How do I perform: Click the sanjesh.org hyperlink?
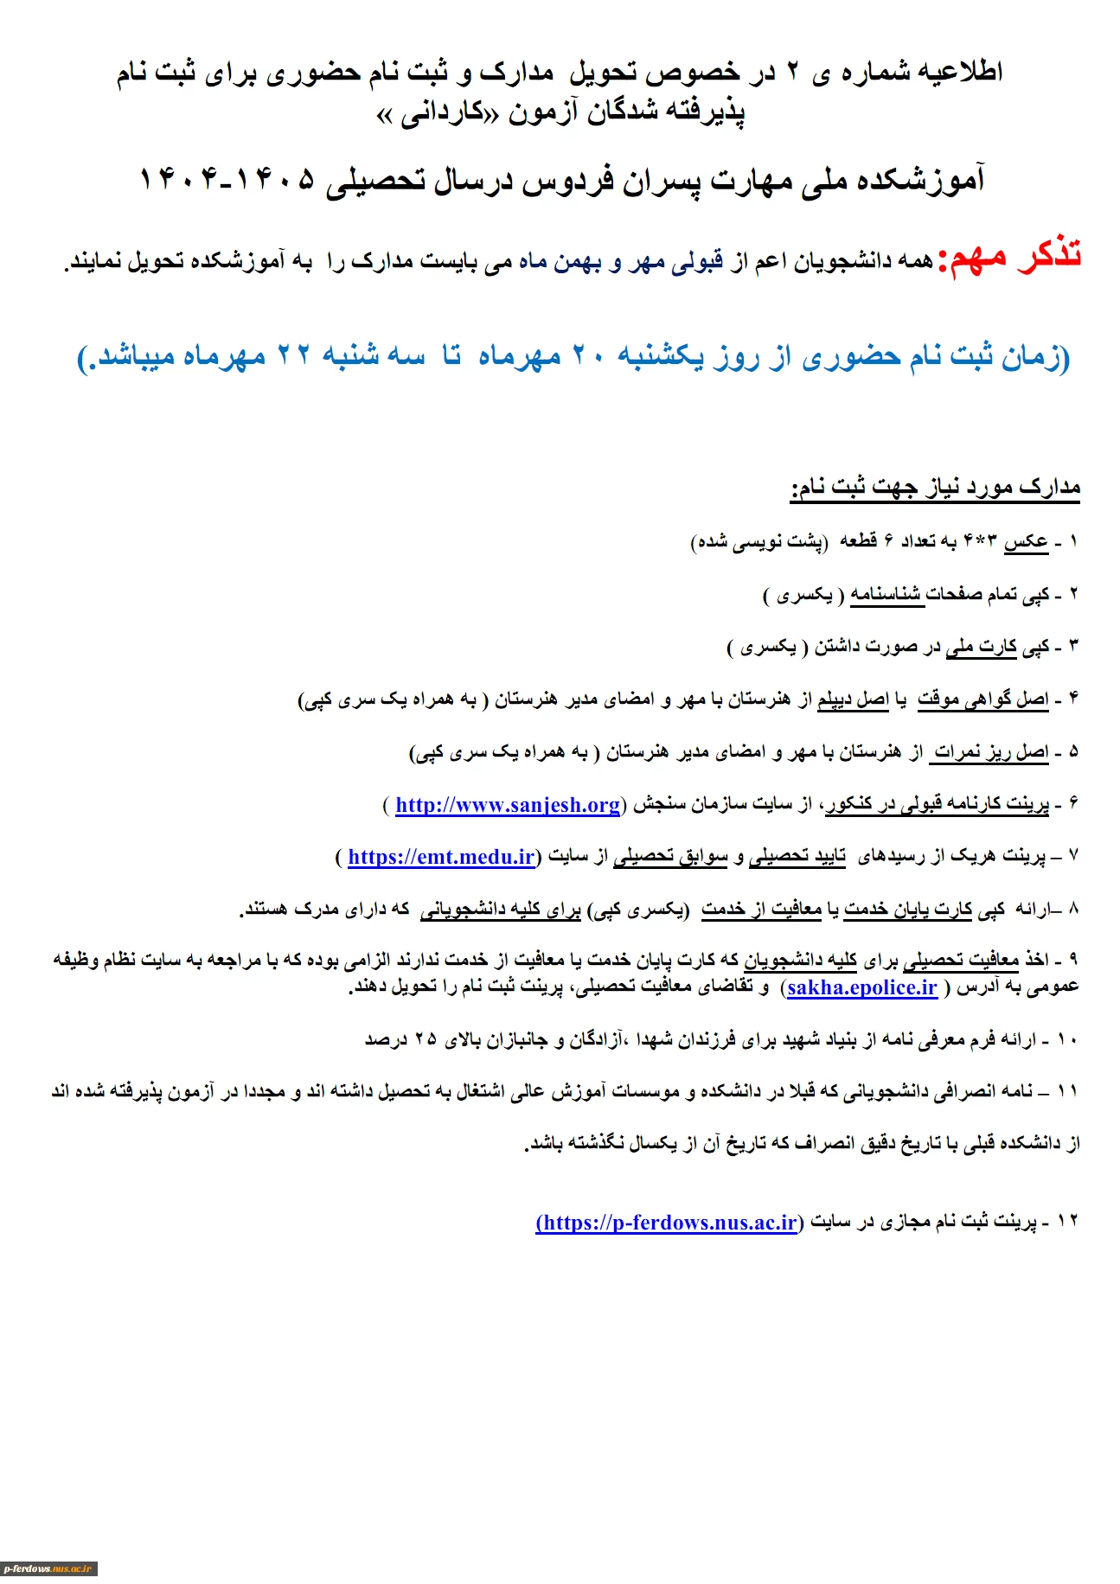pos(508,805)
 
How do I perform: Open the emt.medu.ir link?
pos(441,857)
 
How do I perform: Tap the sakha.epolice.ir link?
pos(862,987)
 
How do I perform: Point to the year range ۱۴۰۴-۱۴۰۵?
pos(227,180)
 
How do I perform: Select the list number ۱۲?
pos(1068,1221)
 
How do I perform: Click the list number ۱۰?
pos(1068,1039)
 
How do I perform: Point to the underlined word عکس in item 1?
pos(1027,542)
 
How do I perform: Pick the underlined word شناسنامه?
pos(887,594)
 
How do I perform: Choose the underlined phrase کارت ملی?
pos(982,647)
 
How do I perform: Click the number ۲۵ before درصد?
pos(426,1039)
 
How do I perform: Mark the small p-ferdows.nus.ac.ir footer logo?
pos(48,1568)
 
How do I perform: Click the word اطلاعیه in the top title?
pos(959,73)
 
